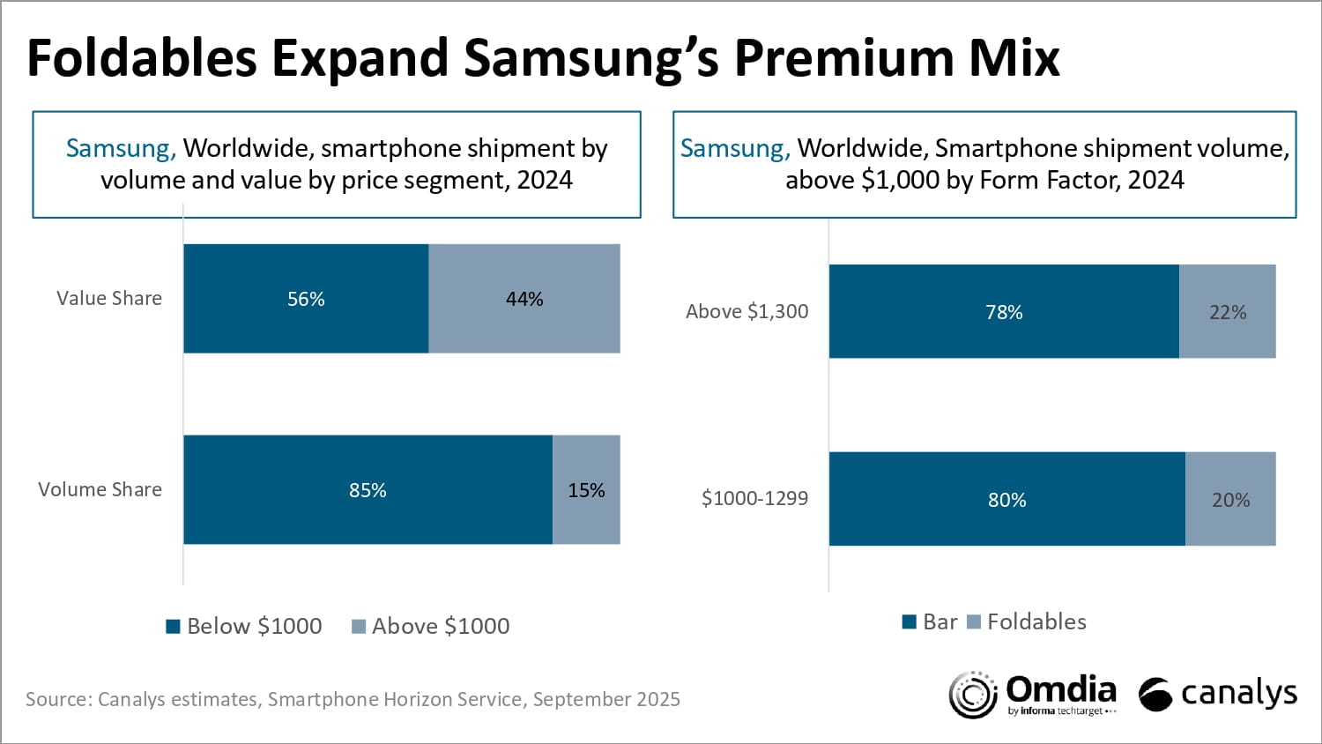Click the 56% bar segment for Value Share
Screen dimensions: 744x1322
[306, 299]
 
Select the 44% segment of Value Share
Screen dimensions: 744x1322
[524, 299]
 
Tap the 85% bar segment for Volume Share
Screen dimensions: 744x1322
[368, 490]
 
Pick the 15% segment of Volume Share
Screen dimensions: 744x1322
[586, 490]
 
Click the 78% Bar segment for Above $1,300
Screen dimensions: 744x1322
[1004, 312]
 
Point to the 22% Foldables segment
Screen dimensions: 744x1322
[1228, 312]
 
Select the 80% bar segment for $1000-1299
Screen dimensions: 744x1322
[1006, 500]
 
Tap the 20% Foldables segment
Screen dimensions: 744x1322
[1230, 500]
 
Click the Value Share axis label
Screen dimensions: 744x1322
[109, 299]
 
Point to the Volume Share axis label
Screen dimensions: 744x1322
[100, 490]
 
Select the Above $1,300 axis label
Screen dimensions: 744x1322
[746, 312]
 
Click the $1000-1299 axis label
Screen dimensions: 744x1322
[754, 499]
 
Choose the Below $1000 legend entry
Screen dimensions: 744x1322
[244, 627]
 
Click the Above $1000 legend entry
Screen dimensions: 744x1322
[431, 627]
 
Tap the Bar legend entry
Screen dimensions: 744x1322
[930, 622]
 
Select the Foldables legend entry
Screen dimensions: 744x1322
[1027, 622]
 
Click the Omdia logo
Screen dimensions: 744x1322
[1033, 695]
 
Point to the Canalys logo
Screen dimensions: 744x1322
[1218, 695]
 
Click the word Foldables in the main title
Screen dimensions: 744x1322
[142, 58]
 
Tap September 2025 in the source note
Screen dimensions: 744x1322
[606, 700]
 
